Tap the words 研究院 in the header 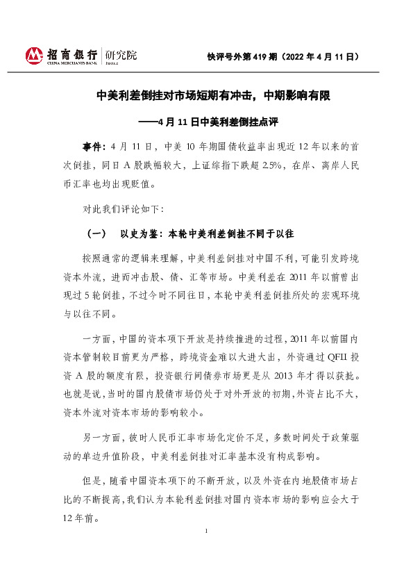click(121, 55)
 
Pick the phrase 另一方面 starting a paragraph click(101, 438)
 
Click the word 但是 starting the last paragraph click(92, 481)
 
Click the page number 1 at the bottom click(207, 531)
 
